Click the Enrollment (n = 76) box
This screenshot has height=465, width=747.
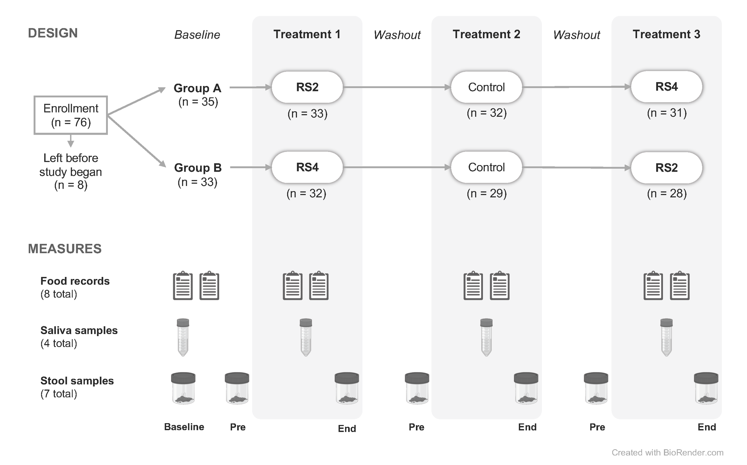(71, 115)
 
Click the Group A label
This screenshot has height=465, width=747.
(198, 88)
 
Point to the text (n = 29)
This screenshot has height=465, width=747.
(486, 193)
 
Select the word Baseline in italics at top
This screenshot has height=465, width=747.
(197, 35)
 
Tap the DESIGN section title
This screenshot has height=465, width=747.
(53, 33)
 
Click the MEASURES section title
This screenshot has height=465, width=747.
(65, 249)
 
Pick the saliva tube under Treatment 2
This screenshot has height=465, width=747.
(486, 337)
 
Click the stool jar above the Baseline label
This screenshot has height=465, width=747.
(183, 388)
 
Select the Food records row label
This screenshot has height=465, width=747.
(75, 281)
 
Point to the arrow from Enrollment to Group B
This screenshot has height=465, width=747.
(137, 142)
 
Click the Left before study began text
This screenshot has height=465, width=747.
(71, 171)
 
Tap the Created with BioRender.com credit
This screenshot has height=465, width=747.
(667, 452)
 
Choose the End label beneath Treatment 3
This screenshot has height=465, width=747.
(707, 427)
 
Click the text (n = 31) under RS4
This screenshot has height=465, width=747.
(667, 113)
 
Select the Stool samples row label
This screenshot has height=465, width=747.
(77, 381)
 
